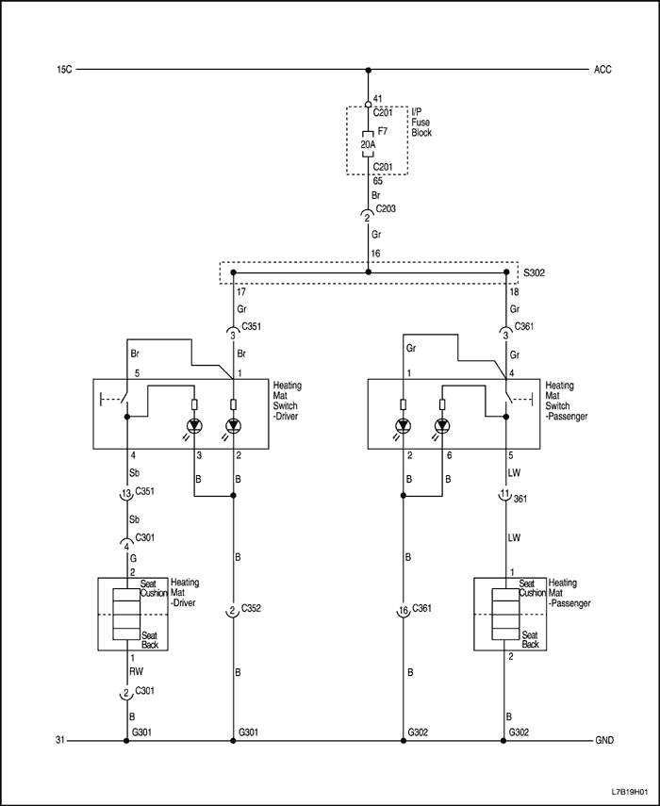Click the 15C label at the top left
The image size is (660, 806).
(x=65, y=69)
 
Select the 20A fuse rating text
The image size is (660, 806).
(x=369, y=146)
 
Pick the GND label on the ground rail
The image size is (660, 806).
(x=604, y=741)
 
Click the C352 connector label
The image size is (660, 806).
(x=251, y=610)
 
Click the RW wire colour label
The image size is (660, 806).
(x=137, y=673)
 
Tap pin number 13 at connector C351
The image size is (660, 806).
(x=125, y=492)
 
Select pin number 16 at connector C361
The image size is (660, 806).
(x=404, y=611)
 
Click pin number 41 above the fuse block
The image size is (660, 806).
(x=377, y=98)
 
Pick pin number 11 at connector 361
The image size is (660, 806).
(x=505, y=493)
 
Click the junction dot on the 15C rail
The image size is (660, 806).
(x=368, y=69)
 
